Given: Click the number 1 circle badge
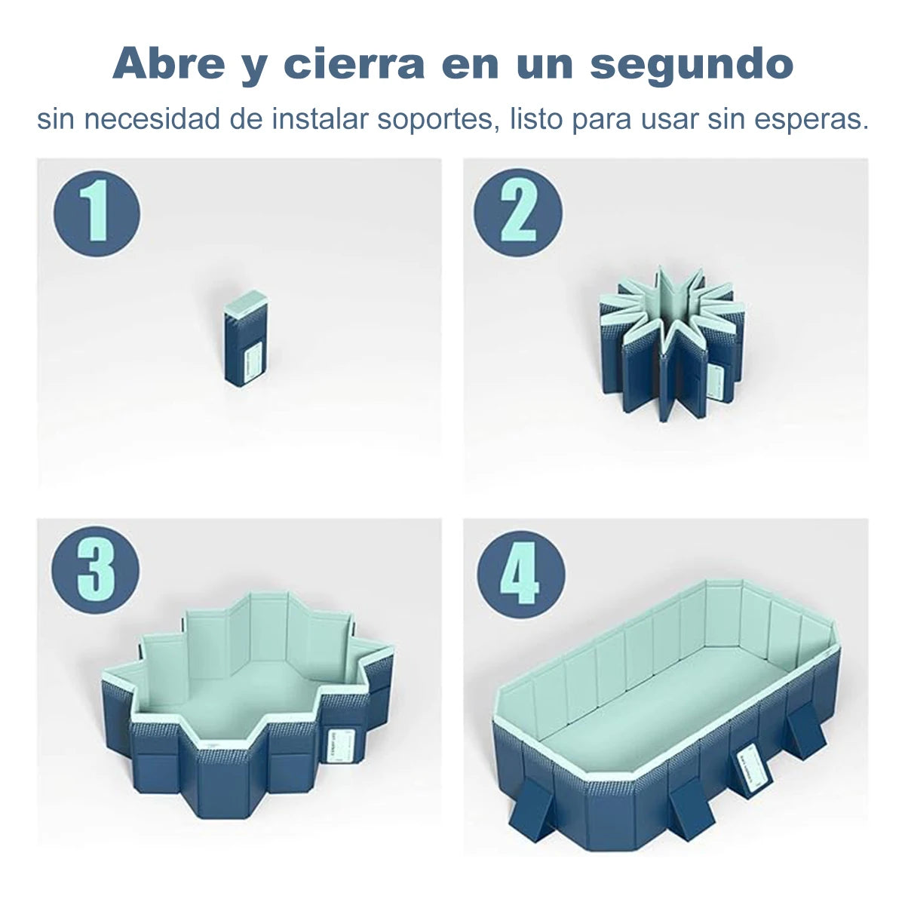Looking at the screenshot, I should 97,213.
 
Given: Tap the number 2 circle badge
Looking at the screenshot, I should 518,213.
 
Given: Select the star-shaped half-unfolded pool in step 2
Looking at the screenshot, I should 670,339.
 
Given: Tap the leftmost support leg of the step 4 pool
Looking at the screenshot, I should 535,807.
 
